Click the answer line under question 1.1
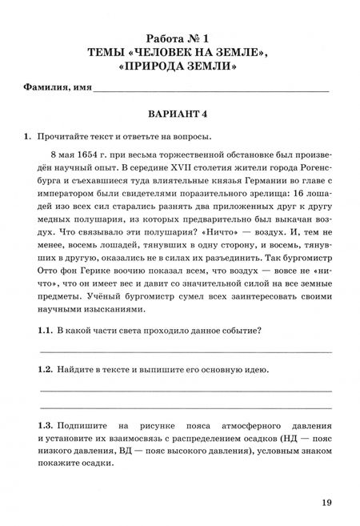click(186, 351)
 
